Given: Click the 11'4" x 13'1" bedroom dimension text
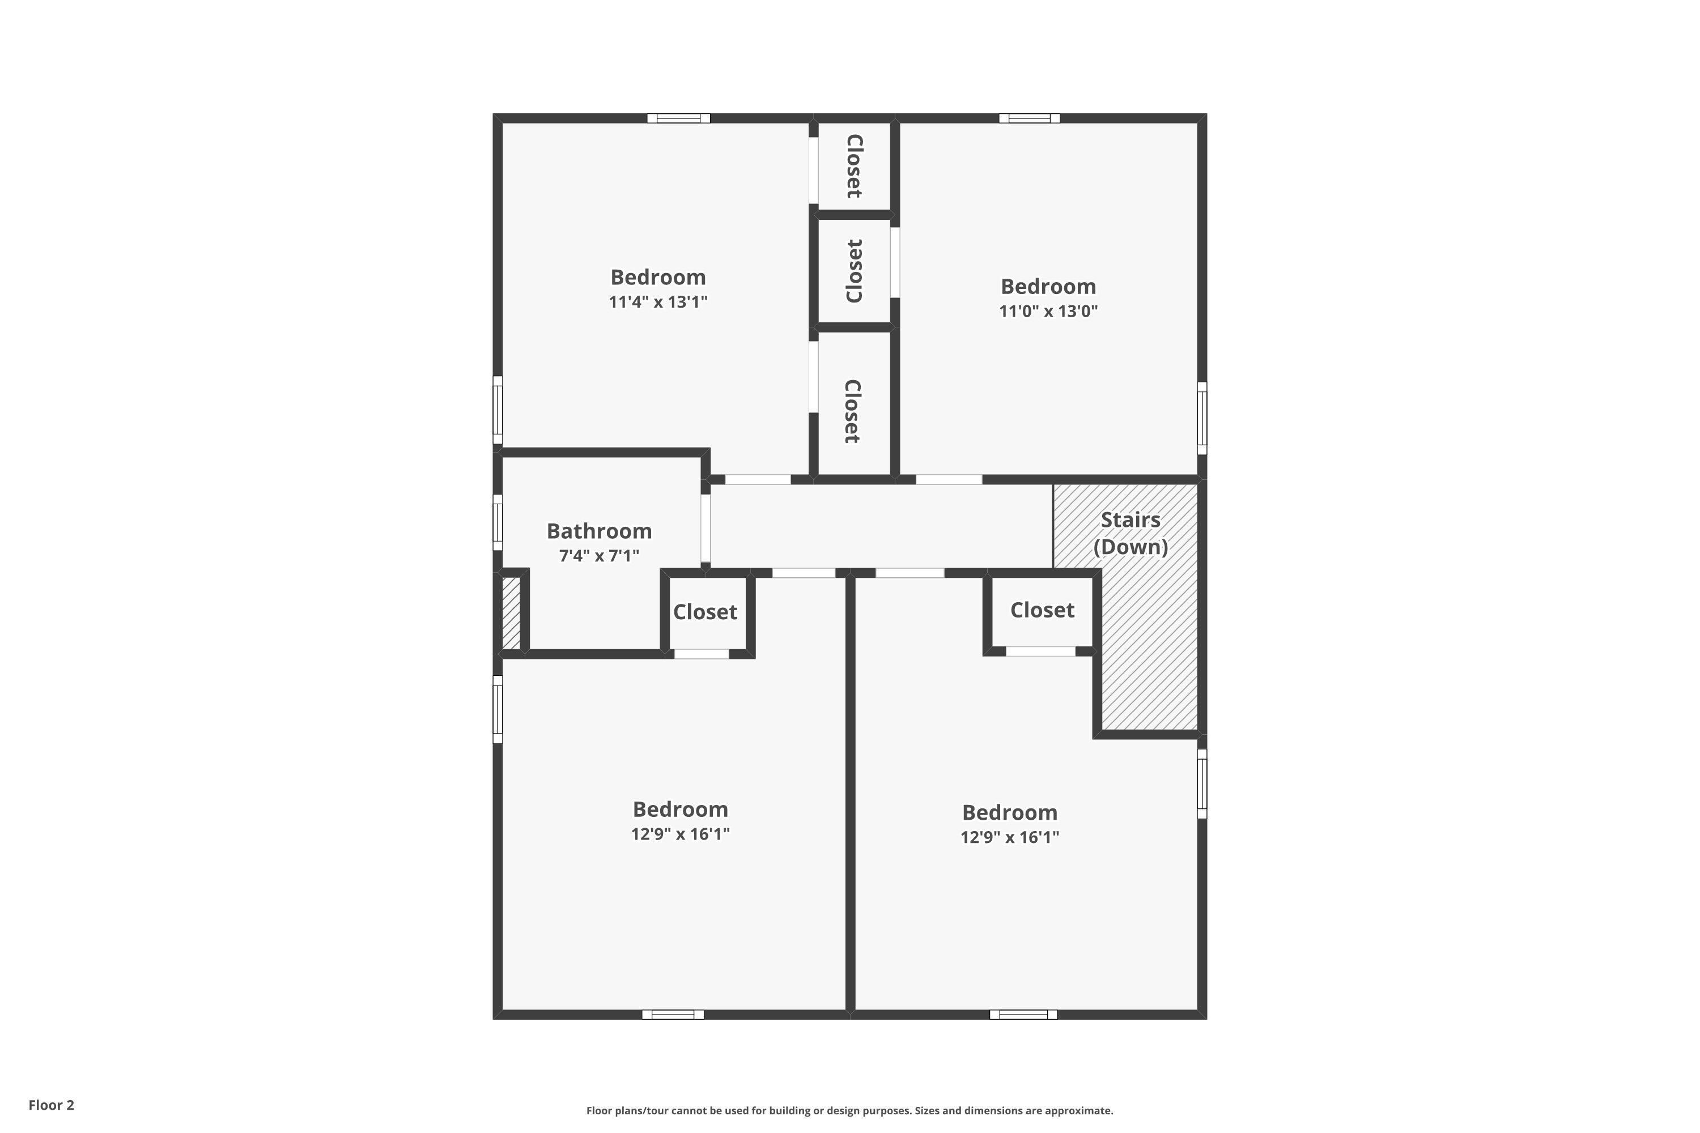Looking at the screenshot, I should pyautogui.click(x=658, y=302).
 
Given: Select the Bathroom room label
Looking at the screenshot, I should pyautogui.click(x=599, y=531).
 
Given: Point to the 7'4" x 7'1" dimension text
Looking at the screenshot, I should pyautogui.click(x=599, y=556).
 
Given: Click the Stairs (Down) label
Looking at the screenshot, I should pyautogui.click(x=1130, y=533).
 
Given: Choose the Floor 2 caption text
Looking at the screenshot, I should pyautogui.click(x=52, y=1105).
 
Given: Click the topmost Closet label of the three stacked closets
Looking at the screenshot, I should pyautogui.click(x=853, y=166).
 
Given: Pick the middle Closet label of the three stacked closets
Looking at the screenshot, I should pyautogui.click(x=853, y=271).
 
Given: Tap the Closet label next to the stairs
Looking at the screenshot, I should pyautogui.click(x=1042, y=610).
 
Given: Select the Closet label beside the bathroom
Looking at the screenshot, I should pyautogui.click(x=705, y=612).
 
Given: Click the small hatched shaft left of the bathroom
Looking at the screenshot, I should pyautogui.click(x=511, y=612).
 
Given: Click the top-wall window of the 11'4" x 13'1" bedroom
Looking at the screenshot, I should pyautogui.click(x=678, y=118).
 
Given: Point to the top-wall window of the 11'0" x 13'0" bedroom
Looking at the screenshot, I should pyautogui.click(x=1029, y=118).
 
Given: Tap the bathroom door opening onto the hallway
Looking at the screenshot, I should pyautogui.click(x=705, y=528).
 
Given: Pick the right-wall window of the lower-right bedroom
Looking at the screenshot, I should pyautogui.click(x=1202, y=783).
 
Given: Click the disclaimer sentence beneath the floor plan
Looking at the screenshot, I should pyautogui.click(x=849, y=1110).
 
